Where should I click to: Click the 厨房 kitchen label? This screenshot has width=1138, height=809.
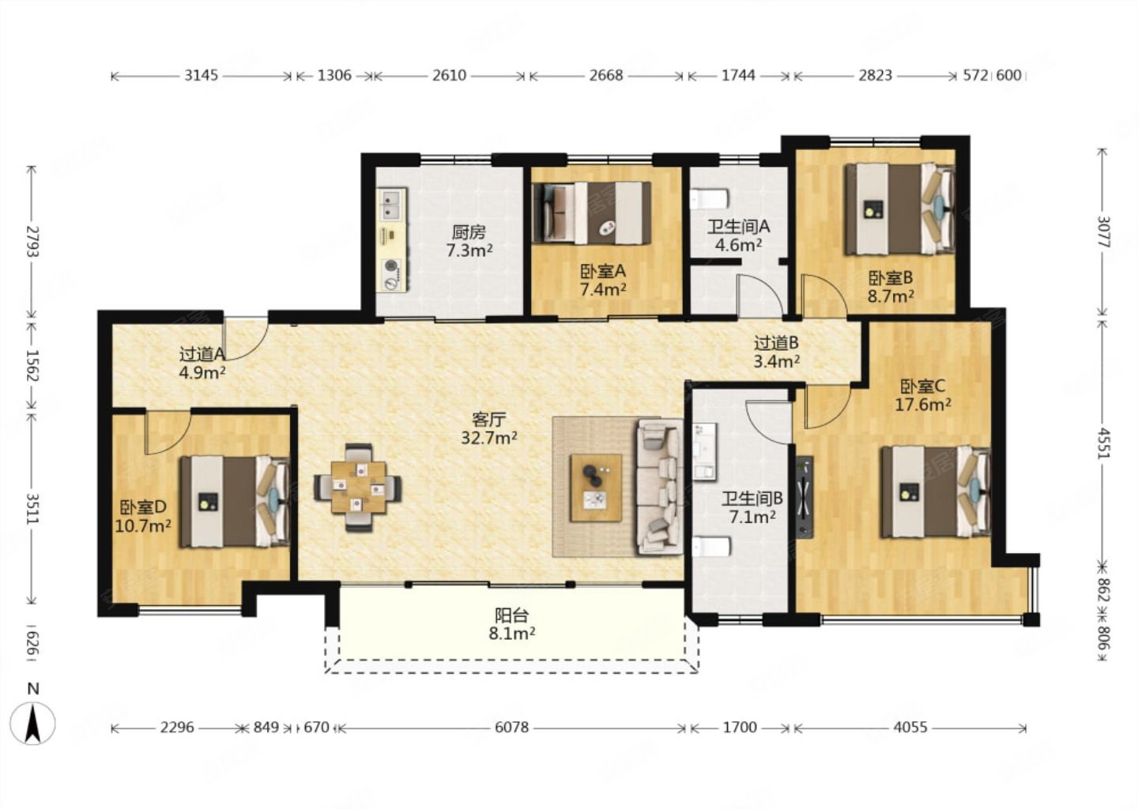click(469, 232)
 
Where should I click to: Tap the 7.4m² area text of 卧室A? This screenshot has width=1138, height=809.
click(603, 289)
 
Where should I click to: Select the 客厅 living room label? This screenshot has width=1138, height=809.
click(488, 420)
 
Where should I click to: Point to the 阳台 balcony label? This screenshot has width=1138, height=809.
click(511, 615)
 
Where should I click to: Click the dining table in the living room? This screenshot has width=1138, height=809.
click(358, 487)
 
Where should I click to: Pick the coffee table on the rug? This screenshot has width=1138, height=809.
click(596, 487)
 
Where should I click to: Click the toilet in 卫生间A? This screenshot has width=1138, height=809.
click(710, 199)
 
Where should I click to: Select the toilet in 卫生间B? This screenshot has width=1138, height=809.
click(712, 547)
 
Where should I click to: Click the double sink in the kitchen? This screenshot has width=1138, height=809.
click(391, 204)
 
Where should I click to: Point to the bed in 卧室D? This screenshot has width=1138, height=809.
click(236, 501)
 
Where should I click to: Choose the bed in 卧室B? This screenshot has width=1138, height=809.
click(899, 209)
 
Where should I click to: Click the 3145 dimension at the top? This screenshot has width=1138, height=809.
click(202, 75)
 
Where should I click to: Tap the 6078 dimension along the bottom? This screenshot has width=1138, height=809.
click(511, 728)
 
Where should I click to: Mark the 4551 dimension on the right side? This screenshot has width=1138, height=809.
click(1102, 443)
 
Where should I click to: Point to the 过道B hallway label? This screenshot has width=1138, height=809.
click(776, 344)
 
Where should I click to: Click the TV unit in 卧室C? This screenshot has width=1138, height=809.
click(805, 497)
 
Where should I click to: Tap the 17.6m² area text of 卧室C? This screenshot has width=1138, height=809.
click(922, 404)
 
